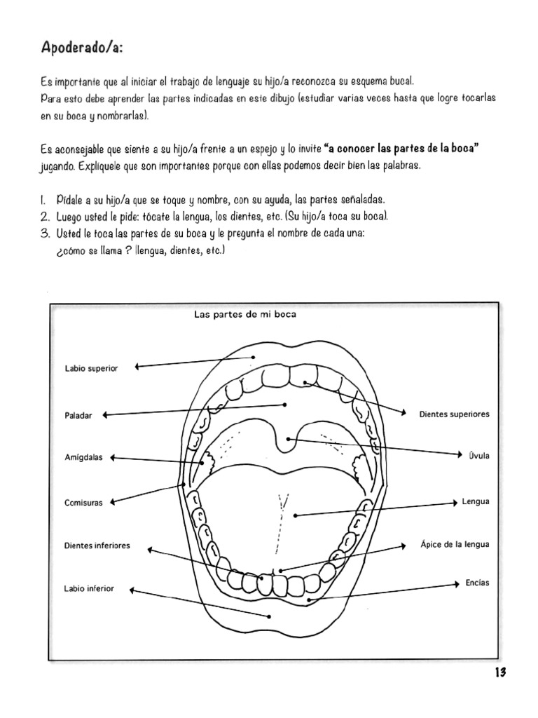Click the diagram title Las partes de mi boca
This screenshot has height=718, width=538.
coord(244,315)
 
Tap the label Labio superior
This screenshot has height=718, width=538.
coord(91,368)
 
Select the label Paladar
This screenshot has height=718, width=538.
coord(78,416)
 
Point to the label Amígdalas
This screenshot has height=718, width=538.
coord(83,458)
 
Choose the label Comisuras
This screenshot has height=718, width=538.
coord(83,503)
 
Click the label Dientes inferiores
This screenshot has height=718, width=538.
coord(97,546)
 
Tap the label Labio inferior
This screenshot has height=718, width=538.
coord(89,589)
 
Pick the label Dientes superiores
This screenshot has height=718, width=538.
coord(454,414)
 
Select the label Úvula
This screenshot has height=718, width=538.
coord(479,456)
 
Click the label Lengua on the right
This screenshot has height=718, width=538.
coord(476,502)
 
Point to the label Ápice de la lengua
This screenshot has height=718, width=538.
coord(455,544)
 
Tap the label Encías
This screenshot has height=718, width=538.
coord(477,583)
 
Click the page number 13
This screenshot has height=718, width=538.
coord(499,672)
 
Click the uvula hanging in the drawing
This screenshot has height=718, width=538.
coord(287,441)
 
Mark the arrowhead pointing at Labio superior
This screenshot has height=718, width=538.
coord(138,366)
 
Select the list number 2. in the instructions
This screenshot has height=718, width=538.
coord(44,216)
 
